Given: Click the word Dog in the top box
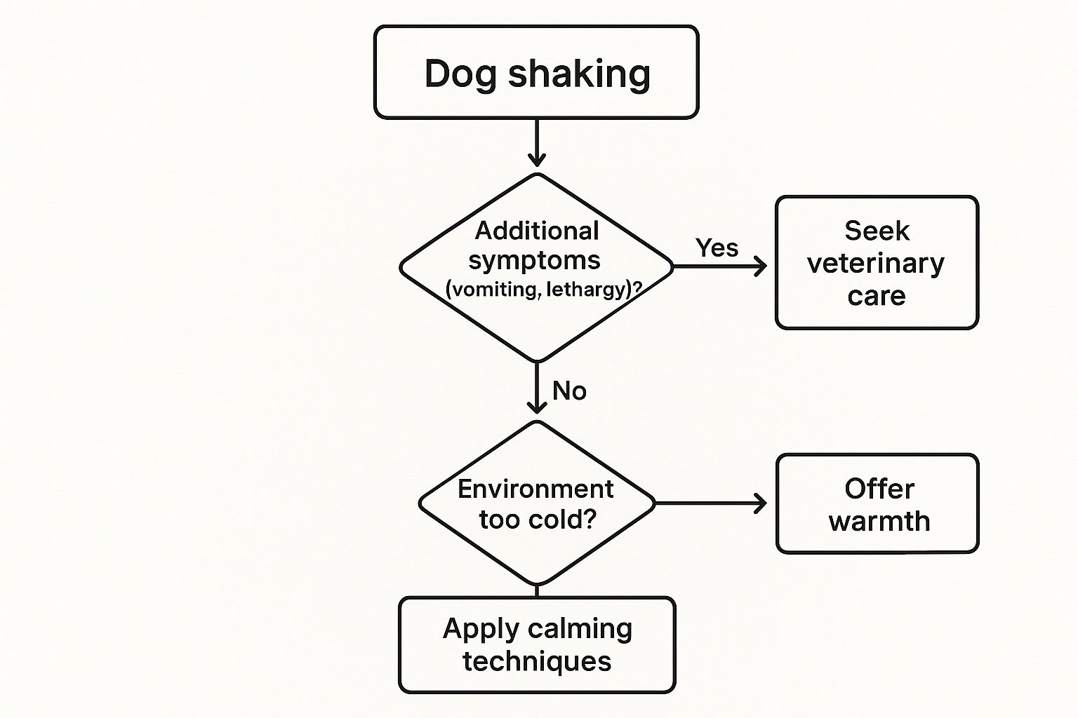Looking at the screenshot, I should tap(460, 74).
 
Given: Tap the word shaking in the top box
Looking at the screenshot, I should tap(579, 74).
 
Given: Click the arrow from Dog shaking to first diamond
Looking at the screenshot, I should tap(537, 144).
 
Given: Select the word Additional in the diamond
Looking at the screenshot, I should tap(537, 231).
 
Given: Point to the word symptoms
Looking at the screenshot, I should tap(534, 260).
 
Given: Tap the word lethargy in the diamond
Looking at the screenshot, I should tap(587, 289).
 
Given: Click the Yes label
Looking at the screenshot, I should tap(717, 248).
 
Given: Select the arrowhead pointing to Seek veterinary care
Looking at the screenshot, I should tap(760, 266).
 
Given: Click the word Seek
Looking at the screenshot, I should tap(877, 231).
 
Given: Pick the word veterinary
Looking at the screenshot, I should tap(876, 264).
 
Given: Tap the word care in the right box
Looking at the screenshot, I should tap(876, 296).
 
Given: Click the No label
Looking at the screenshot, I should tap(569, 391).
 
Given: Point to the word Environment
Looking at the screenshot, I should tap(535, 489).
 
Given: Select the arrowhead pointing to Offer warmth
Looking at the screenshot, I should tap(760, 503).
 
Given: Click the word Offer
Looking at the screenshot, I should tap(879, 489).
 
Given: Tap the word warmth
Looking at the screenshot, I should tap(879, 522).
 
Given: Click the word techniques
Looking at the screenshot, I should tap(537, 661).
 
